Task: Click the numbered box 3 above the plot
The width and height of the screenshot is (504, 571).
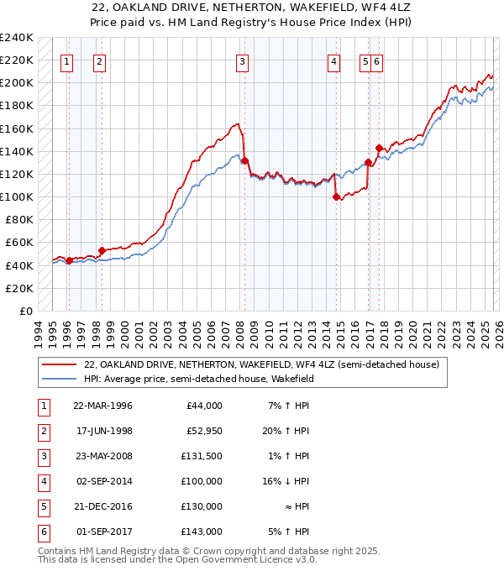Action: click(242, 60)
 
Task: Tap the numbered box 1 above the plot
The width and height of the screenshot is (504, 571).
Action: click(66, 60)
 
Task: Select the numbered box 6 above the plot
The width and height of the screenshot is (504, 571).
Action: click(377, 60)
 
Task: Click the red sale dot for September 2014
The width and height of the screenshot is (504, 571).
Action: click(336, 197)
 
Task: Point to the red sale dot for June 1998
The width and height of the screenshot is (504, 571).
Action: click(102, 250)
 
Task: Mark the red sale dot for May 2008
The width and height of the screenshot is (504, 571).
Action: click(244, 161)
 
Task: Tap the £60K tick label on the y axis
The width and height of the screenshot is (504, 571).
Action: click(18, 243)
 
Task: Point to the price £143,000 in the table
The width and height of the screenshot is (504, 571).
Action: click(202, 531)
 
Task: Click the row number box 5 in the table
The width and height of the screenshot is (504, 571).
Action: click(42, 506)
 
